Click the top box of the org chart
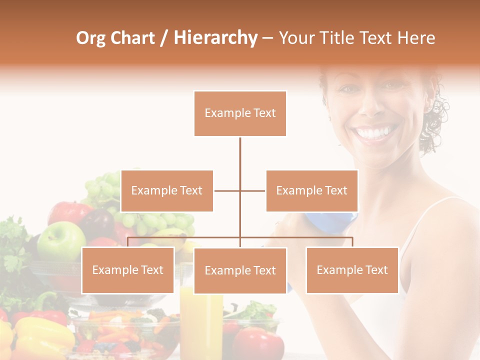point(240,113)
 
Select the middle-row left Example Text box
point(167,190)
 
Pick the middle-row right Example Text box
point(311,190)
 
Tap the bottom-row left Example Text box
point(128,270)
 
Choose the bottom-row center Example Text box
point(240,270)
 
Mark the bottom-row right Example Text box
point(352,270)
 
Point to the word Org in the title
point(90,38)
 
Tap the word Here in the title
point(416,38)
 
